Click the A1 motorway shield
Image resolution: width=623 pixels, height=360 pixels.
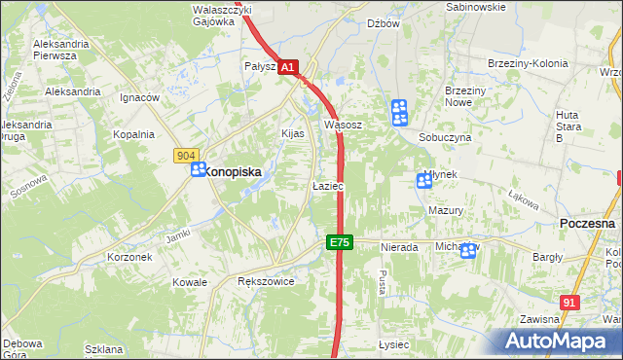[x=288, y=67]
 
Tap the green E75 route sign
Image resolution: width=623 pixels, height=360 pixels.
[x=338, y=242]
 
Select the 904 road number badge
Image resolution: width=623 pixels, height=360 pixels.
[x=188, y=156]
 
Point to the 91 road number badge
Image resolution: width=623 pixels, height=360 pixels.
[x=570, y=304]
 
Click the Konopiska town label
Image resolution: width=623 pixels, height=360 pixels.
[x=234, y=169]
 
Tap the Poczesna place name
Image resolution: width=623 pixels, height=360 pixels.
[x=588, y=223]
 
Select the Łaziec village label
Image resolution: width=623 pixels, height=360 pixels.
[x=327, y=185]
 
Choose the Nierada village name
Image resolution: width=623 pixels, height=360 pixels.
[x=399, y=248]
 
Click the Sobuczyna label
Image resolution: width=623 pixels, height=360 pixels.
[x=445, y=138]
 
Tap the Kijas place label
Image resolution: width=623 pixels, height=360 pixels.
[x=293, y=133]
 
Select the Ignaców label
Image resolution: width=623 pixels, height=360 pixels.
[x=139, y=98]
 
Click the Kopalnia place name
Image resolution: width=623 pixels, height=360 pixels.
[x=133, y=135]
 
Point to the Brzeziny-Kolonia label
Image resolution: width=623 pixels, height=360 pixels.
[x=527, y=63]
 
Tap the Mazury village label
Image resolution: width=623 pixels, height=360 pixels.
[x=445, y=210]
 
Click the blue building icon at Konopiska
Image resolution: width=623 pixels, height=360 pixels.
[x=198, y=169]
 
